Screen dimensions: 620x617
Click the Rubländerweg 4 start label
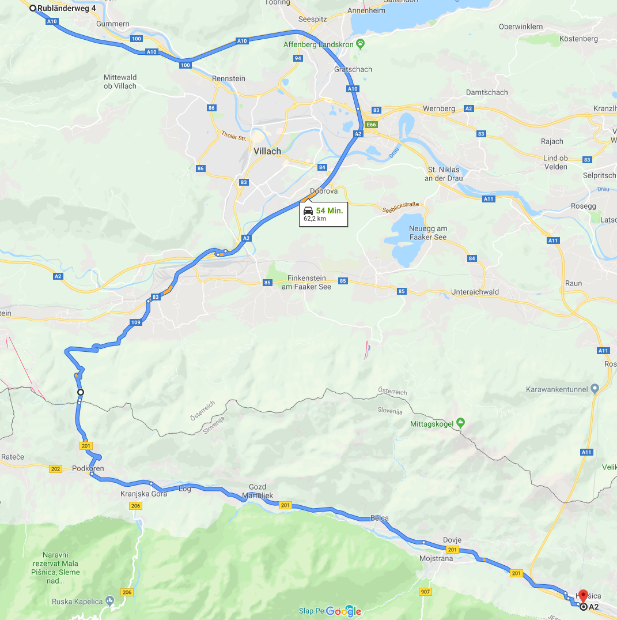(66, 8)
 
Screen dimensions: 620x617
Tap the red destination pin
(582, 595)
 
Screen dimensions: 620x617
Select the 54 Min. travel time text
(330, 211)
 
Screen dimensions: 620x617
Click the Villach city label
(267, 151)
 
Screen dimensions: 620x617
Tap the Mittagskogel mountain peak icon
(460, 422)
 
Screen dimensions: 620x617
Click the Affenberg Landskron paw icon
(360, 43)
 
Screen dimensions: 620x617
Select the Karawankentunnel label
(557, 389)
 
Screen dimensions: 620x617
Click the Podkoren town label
(88, 468)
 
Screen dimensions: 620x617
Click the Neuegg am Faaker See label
(428, 232)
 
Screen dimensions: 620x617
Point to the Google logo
(345, 611)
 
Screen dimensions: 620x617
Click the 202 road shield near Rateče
(55, 469)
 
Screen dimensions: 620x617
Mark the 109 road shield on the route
(135, 322)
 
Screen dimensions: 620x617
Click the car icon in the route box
(308, 211)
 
